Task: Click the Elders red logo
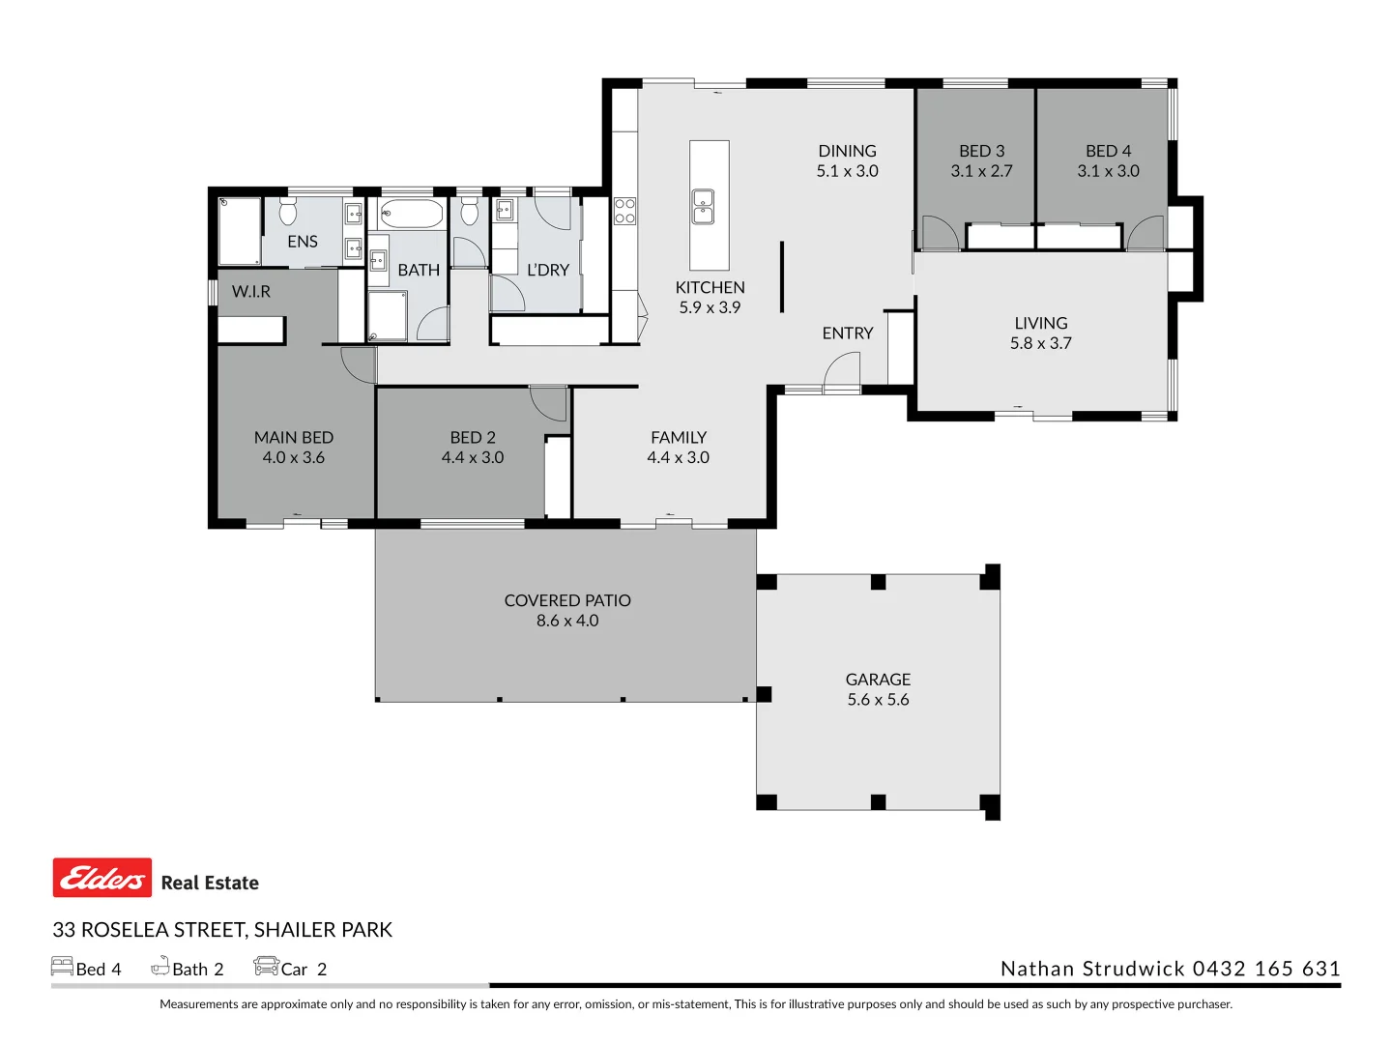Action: [102, 877]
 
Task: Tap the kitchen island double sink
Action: [703, 207]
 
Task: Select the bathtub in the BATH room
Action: [412, 215]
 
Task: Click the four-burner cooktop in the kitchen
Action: [624, 211]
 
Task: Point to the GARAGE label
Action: [878, 680]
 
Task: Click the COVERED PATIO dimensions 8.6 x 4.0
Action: [567, 621]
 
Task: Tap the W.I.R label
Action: [251, 292]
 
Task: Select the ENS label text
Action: [303, 242]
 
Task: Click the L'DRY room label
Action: [548, 270]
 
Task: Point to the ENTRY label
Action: [847, 333]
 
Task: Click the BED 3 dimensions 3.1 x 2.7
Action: [981, 171]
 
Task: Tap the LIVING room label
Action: [1041, 323]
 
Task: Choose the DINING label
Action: [847, 151]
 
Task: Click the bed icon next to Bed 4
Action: [62, 966]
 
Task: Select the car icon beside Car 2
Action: [267, 966]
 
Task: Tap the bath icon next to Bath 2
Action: [160, 966]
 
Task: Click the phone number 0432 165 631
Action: [1266, 969]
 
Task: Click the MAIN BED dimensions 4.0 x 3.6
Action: [294, 457]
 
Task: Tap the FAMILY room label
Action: [678, 437]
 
